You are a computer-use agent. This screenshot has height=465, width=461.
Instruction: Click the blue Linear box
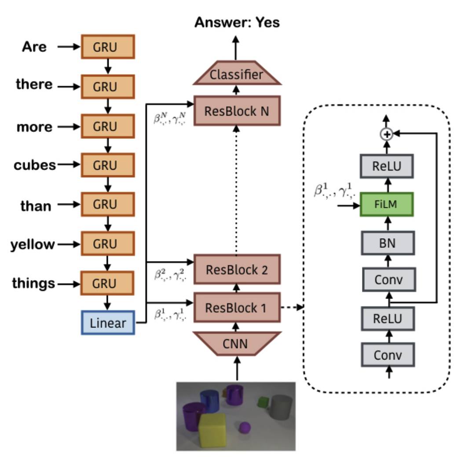pyautogui.click(x=108, y=323)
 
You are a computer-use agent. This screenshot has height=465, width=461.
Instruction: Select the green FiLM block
pyautogui.click(x=387, y=204)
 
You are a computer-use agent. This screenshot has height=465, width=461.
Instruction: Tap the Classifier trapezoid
pyautogui.click(x=237, y=73)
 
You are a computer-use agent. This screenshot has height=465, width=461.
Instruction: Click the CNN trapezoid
pyautogui.click(x=237, y=343)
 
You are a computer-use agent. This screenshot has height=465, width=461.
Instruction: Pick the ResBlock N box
pyautogui.click(x=237, y=111)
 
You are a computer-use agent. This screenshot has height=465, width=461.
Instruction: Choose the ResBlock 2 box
pyautogui.click(x=237, y=269)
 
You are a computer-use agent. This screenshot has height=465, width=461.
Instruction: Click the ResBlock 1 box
pyautogui.click(x=237, y=307)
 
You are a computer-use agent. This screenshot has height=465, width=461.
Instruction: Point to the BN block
pyautogui.click(x=388, y=243)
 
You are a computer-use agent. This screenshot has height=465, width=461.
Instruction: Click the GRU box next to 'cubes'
pyautogui.click(x=108, y=165)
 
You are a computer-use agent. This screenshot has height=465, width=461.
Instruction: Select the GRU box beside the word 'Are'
pyautogui.click(x=108, y=47)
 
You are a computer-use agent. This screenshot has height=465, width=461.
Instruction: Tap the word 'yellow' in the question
pyautogui.click(x=33, y=244)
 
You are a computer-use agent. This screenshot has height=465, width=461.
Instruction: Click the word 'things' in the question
pyautogui.click(x=33, y=283)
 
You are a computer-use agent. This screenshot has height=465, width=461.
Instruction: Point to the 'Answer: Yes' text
pyautogui.click(x=237, y=22)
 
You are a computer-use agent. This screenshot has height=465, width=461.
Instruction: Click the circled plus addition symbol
pyautogui.click(x=387, y=134)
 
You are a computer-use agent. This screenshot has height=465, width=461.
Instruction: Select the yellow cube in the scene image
pyautogui.click(x=212, y=430)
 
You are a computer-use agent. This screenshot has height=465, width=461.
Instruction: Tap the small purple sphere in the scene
pyautogui.click(x=245, y=428)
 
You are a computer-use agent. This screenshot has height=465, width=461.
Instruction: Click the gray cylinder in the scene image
pyautogui.click(x=280, y=407)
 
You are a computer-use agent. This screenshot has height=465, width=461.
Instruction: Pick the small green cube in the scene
pyautogui.click(x=263, y=402)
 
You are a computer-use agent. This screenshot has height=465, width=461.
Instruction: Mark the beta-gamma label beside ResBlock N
pyautogui.click(x=170, y=118)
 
